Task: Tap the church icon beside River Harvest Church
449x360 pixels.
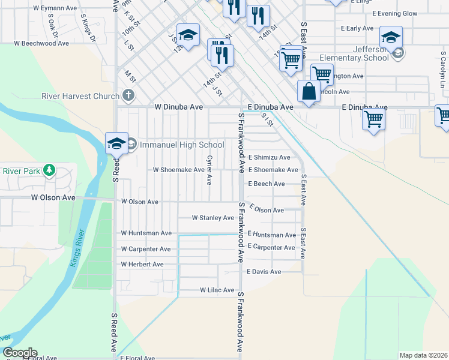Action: (128, 95)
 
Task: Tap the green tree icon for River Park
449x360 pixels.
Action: (49, 171)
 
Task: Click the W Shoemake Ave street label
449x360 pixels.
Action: (179, 170)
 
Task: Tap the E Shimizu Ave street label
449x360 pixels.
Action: (269, 157)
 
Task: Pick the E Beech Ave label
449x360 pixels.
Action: (266, 184)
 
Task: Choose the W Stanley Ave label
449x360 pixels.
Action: (212, 218)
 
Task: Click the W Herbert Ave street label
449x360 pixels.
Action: (142, 264)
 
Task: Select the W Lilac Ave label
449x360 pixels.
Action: (217, 290)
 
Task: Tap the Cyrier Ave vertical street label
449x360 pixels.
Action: (209, 170)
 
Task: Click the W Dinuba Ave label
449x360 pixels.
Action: (179, 107)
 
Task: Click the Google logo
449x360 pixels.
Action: (19, 353)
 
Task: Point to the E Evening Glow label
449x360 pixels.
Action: (394, 13)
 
